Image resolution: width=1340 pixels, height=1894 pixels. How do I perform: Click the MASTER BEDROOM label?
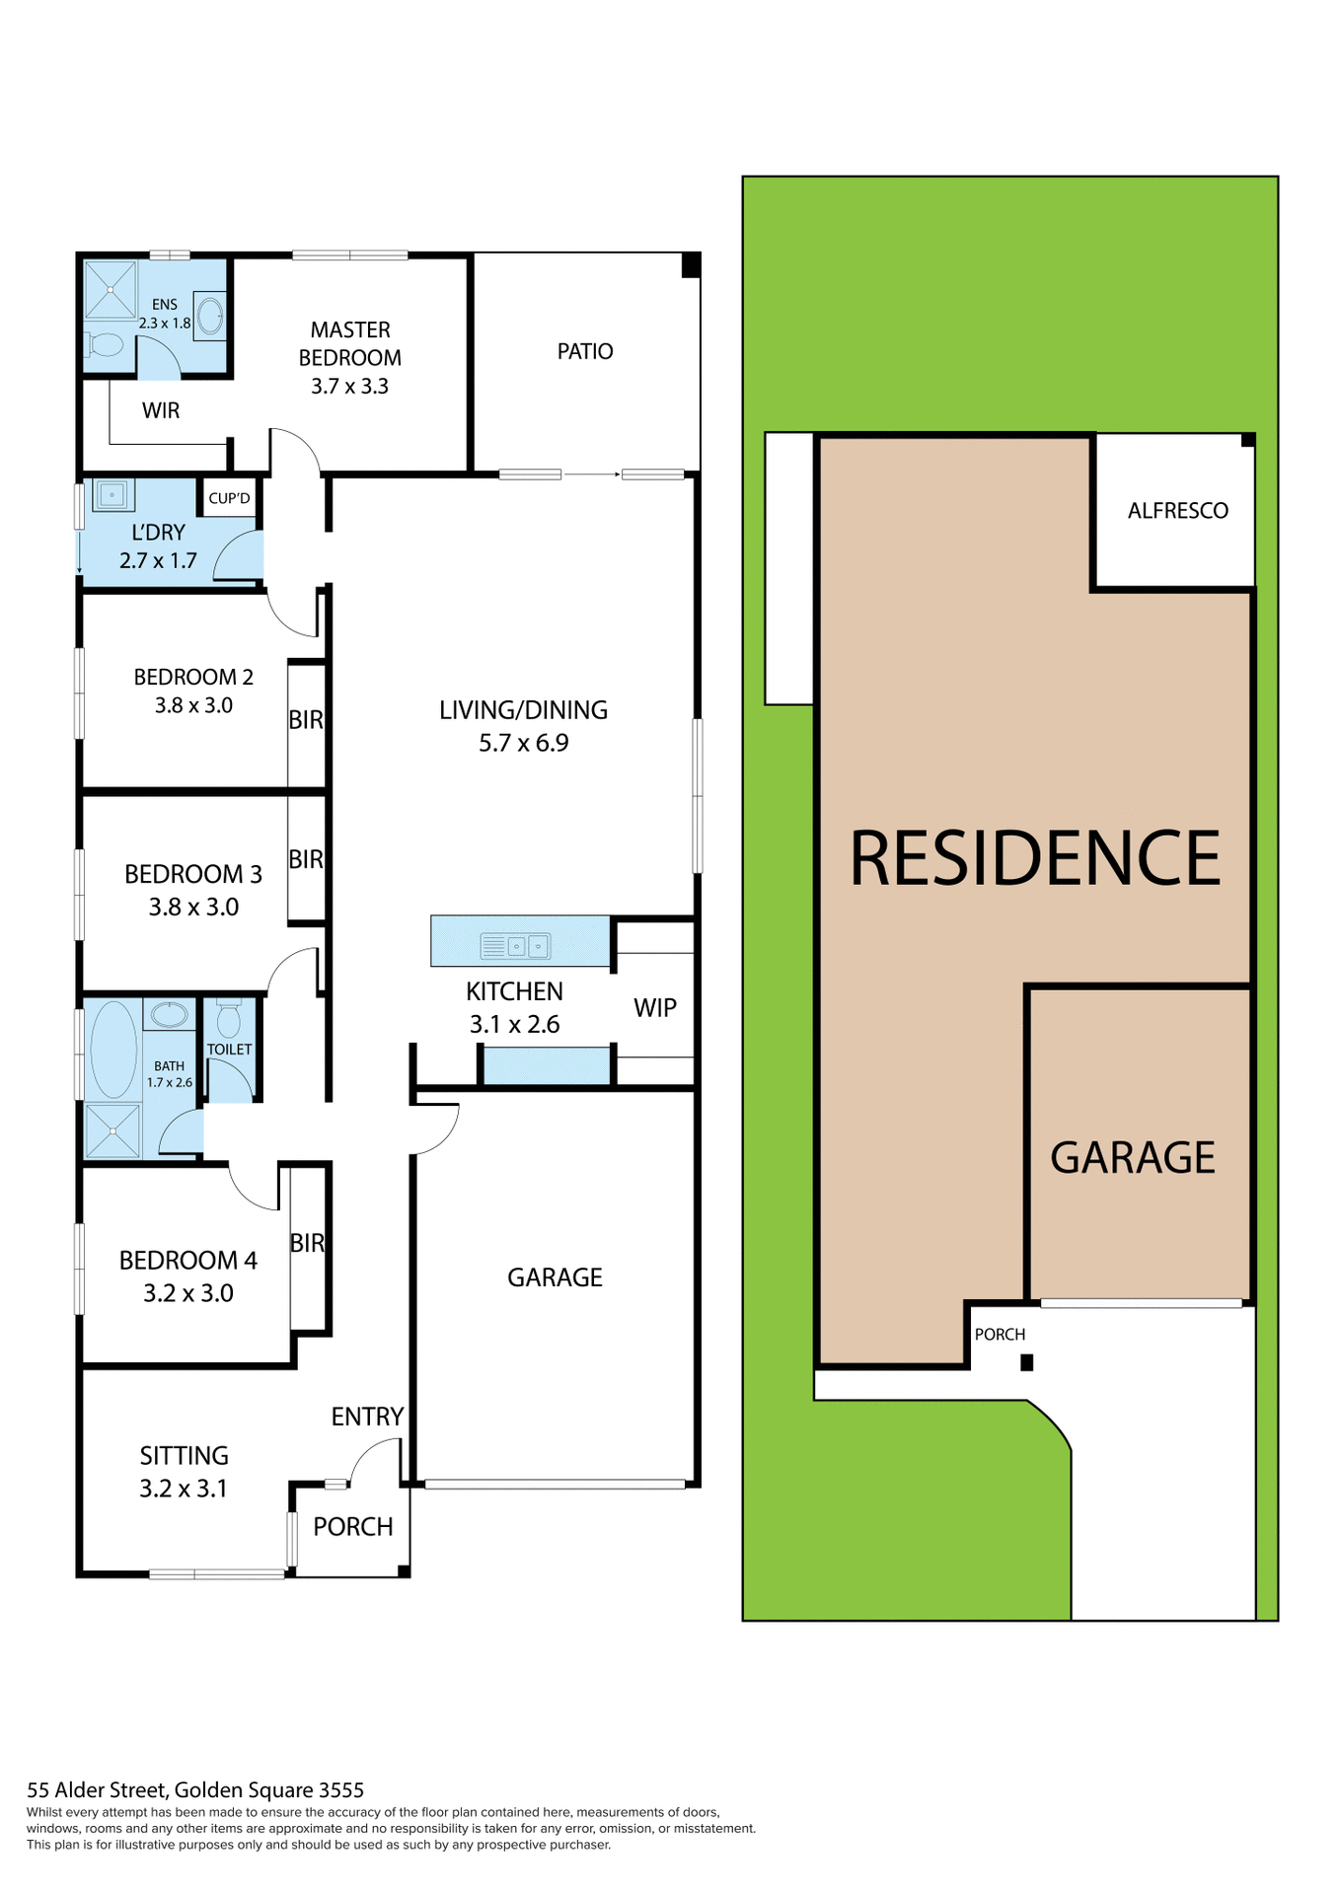point(350,343)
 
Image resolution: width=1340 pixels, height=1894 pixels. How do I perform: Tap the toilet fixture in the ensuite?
point(104,344)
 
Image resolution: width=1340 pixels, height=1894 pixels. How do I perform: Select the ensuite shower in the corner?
point(110,289)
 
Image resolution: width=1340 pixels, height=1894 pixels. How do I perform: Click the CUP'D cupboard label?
point(229,498)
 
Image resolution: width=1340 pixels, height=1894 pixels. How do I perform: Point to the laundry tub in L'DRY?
point(112,494)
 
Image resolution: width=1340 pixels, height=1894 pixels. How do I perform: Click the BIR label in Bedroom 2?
point(306,720)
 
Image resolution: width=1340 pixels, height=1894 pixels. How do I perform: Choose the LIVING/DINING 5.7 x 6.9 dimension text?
point(523,743)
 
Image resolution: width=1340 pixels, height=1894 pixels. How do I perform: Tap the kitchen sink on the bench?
point(515,946)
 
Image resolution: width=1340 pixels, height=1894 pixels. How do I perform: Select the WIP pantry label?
point(655,1007)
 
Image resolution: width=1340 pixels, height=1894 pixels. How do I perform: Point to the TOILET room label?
point(229,1050)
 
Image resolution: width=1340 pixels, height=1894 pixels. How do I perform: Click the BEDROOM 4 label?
point(188,1260)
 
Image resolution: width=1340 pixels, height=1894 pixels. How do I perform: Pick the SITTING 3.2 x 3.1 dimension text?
point(184,1489)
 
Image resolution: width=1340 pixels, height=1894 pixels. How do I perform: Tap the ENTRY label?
point(367,1417)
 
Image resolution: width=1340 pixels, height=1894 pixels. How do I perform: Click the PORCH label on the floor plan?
point(353,1526)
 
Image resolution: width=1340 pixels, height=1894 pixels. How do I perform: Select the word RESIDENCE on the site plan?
point(1035,857)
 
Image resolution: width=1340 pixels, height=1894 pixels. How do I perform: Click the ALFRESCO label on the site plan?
point(1178,510)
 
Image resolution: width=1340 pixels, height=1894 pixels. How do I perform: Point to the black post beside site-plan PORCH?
point(1026,1362)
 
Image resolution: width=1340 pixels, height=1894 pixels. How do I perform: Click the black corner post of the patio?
point(691,264)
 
